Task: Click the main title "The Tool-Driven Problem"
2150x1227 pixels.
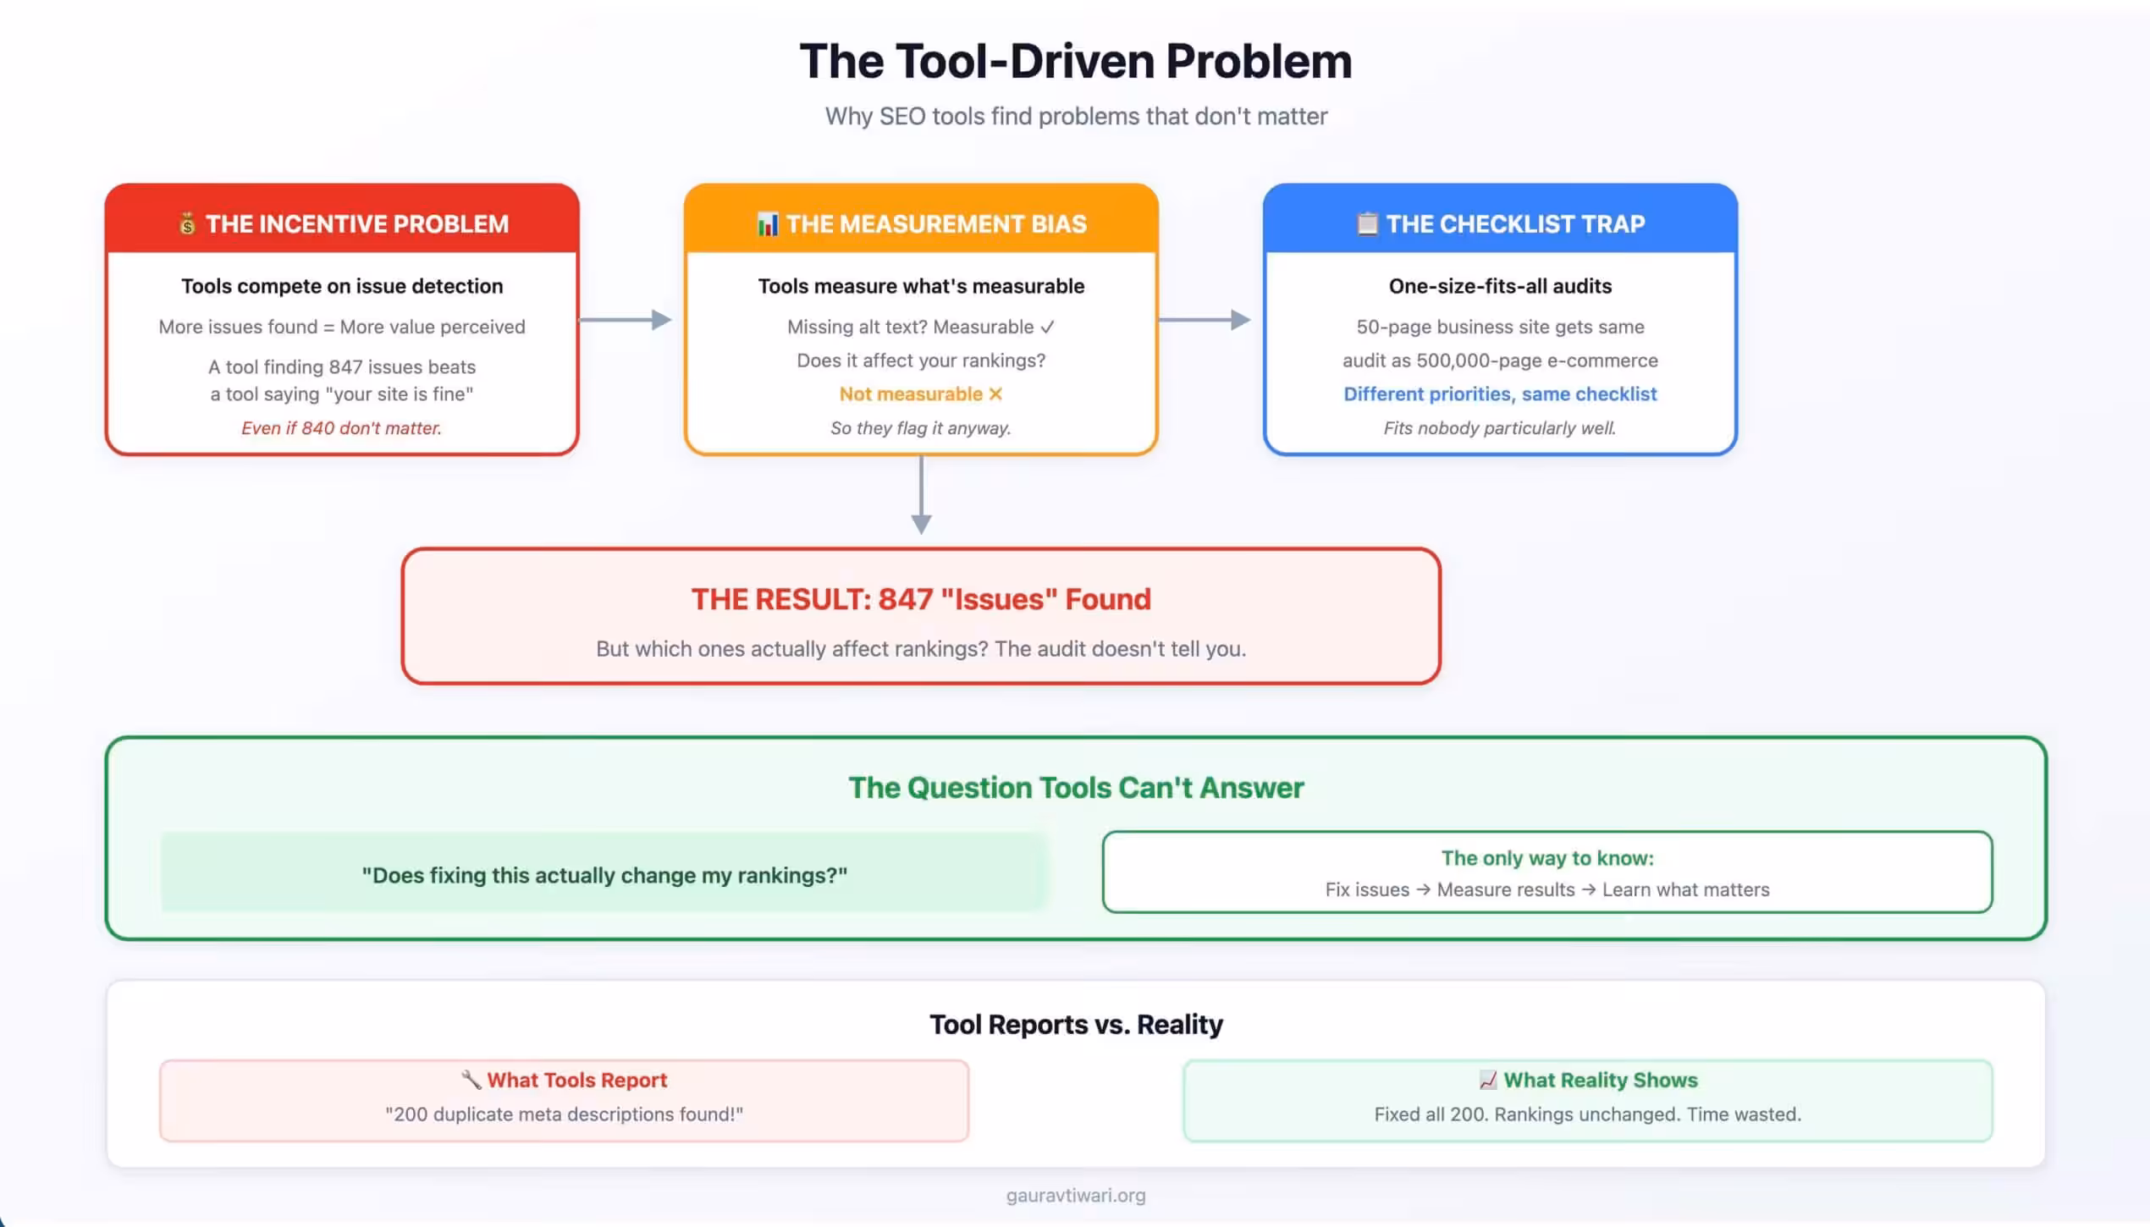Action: coord(1075,62)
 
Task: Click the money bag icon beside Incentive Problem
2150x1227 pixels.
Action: coord(187,224)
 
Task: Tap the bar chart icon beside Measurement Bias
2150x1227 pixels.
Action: coord(767,224)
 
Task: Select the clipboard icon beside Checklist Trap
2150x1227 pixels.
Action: coord(1366,223)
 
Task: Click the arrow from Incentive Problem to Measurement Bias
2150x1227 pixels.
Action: coord(626,320)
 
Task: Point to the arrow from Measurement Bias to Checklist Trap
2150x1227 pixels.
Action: coord(1204,320)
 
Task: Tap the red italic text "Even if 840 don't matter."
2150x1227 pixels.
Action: coord(341,428)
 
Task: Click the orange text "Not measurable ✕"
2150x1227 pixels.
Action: coord(920,394)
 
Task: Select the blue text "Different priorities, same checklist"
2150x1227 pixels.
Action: coord(1500,394)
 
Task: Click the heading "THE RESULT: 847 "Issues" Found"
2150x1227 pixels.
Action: coord(921,599)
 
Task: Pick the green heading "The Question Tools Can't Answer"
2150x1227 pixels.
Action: coord(1076,788)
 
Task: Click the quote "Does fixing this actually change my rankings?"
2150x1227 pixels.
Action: coord(604,875)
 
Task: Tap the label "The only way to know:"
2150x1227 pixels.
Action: coord(1547,858)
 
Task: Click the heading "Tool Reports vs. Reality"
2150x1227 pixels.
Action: coord(1076,1025)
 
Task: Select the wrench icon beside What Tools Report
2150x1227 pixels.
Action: coord(471,1080)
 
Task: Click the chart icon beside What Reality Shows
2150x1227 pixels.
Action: coord(1487,1080)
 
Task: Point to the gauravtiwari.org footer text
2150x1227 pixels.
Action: coord(1076,1196)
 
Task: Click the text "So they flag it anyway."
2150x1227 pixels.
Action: coord(921,428)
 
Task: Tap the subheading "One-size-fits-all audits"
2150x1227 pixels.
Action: coord(1500,286)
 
